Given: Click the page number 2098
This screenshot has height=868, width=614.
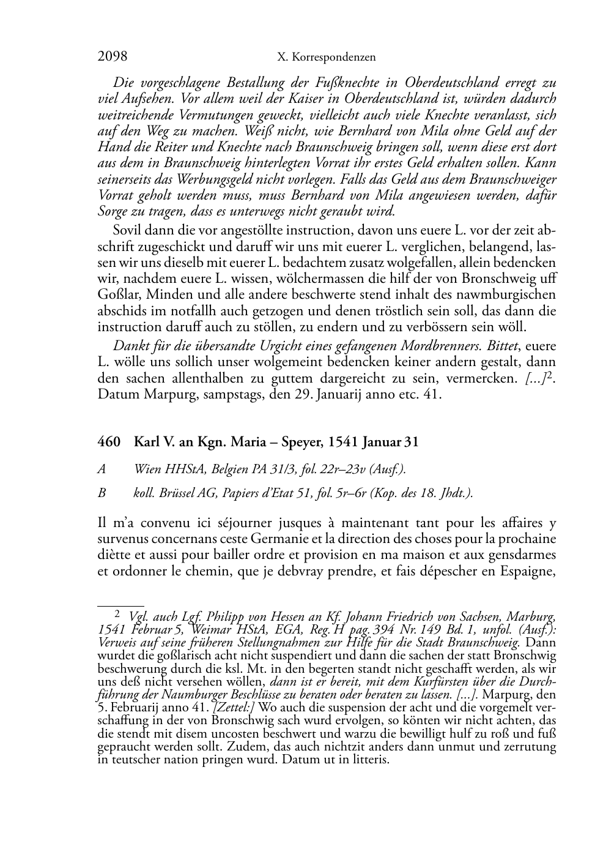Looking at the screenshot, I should [x=112, y=56].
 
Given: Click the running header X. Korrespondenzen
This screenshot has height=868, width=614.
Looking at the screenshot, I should [x=326, y=57].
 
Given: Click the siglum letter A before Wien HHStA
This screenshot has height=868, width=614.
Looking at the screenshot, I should [x=102, y=470].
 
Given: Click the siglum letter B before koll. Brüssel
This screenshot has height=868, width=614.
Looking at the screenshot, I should [x=102, y=493].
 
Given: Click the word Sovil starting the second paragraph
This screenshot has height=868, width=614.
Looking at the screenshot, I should [x=128, y=230].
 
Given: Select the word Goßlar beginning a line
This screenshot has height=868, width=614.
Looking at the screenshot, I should [x=116, y=294].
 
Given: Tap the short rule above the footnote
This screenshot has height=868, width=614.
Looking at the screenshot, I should [x=120, y=604].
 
